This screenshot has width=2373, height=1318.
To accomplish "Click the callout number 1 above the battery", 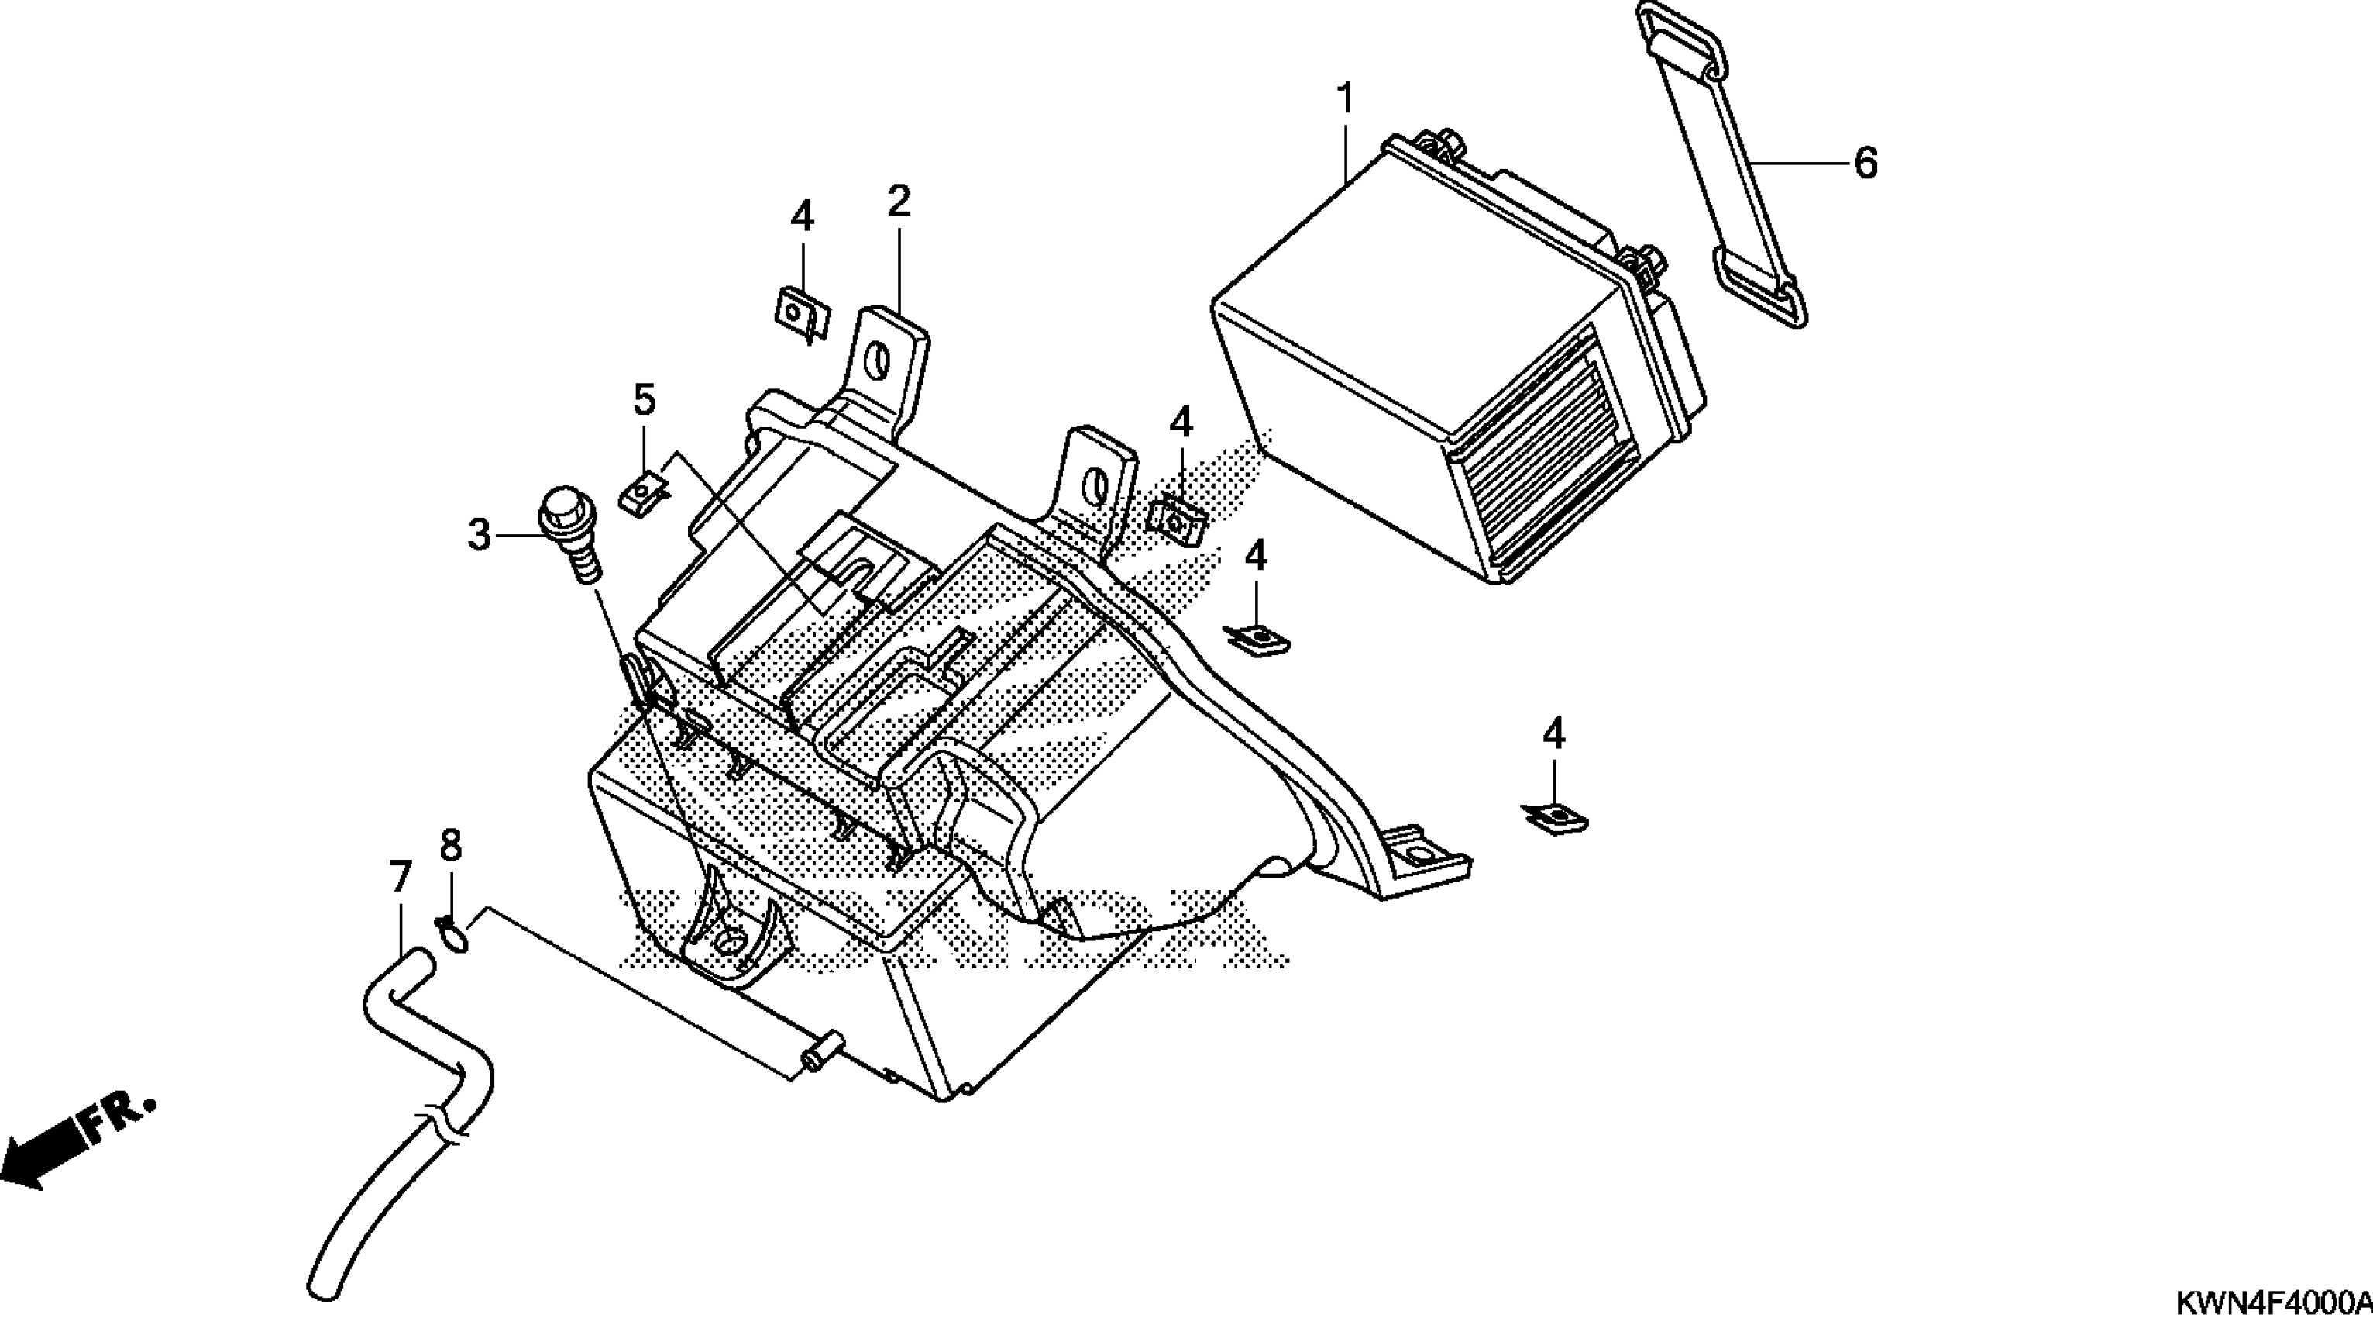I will [x=1345, y=98].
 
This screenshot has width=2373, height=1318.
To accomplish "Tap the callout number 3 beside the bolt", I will [x=479, y=535].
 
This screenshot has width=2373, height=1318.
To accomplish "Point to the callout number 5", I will [x=644, y=400].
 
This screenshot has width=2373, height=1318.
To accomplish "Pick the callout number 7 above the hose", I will [x=399, y=878].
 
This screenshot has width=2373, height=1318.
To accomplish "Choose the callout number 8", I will [x=449, y=844].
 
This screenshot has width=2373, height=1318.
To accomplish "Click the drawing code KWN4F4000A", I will [x=2274, y=1302].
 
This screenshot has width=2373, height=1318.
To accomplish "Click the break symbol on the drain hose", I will [x=440, y=1129].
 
